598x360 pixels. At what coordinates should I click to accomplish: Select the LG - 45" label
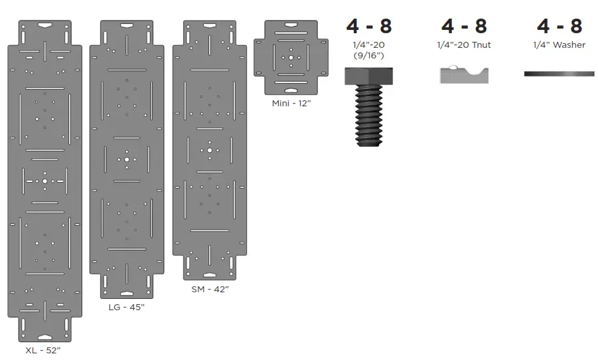coord(126,307)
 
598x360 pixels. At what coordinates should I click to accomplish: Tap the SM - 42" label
coord(209,290)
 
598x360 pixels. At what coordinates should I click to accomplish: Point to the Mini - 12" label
coord(290,104)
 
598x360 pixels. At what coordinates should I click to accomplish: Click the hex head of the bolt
coord(368,76)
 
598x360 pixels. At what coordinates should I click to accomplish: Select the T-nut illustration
coord(464,74)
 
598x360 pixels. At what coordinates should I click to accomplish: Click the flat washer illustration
coord(559,74)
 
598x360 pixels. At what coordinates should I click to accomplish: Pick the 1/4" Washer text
coord(559,45)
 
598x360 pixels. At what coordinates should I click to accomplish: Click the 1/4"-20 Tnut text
coord(464,45)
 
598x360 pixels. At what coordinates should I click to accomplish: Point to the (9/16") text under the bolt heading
coord(368,56)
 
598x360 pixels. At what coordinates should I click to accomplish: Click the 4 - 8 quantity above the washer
coord(559,26)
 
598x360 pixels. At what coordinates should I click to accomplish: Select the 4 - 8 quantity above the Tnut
coord(464,26)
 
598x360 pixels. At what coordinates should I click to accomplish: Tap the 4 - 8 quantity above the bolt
coord(368,26)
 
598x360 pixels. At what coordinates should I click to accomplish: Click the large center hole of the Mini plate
coord(291,58)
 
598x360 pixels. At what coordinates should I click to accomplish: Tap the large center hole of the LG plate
coord(126,159)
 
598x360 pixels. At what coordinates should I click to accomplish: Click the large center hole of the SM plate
coord(209,151)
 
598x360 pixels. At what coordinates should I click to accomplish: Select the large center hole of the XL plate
coord(45,181)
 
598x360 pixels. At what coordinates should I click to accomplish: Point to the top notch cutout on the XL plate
coord(45,25)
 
